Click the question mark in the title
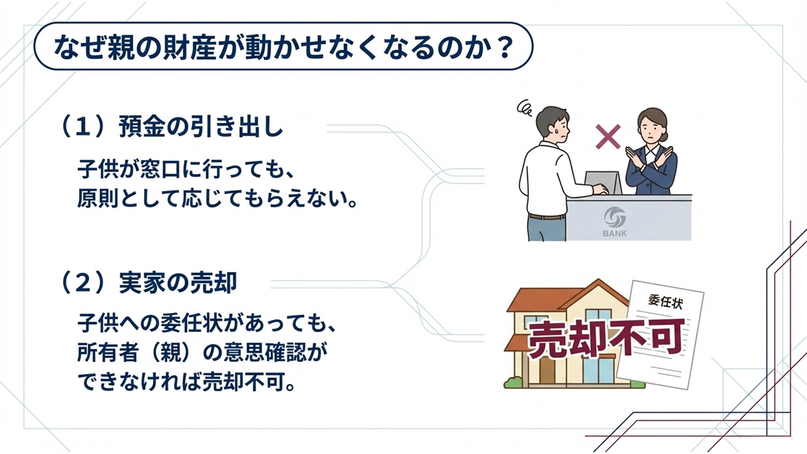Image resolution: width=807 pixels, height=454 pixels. point(502,46)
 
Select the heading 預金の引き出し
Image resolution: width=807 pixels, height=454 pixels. point(200,126)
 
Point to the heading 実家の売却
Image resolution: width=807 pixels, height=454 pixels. point(178,283)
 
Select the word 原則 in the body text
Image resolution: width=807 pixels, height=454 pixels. point(97,199)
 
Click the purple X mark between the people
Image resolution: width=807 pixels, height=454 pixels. point(608,137)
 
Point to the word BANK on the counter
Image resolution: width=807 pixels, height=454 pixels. point(615,234)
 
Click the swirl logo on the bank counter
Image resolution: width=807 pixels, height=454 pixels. point(615,217)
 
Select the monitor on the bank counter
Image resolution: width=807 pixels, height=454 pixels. point(603,183)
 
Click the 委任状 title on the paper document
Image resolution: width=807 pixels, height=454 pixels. point(665,302)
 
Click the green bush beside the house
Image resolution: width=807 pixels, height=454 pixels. point(514,382)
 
